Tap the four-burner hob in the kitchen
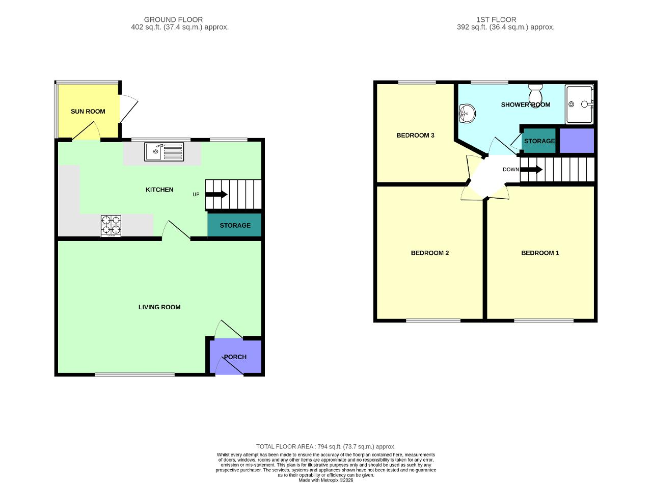click(x=111, y=225)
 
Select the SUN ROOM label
click(x=88, y=111)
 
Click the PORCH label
click(x=235, y=357)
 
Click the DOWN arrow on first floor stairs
click(x=531, y=169)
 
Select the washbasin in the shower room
click(x=466, y=113)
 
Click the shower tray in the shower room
click(x=580, y=104)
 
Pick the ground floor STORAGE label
click(x=235, y=225)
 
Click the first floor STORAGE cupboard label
click(x=539, y=141)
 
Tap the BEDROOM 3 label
click(x=415, y=135)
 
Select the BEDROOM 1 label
click(x=540, y=253)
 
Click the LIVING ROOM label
click(x=159, y=307)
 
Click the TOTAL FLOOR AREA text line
click(x=325, y=446)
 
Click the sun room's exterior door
click(x=128, y=110)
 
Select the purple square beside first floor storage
click(x=577, y=141)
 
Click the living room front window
click(x=134, y=375)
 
